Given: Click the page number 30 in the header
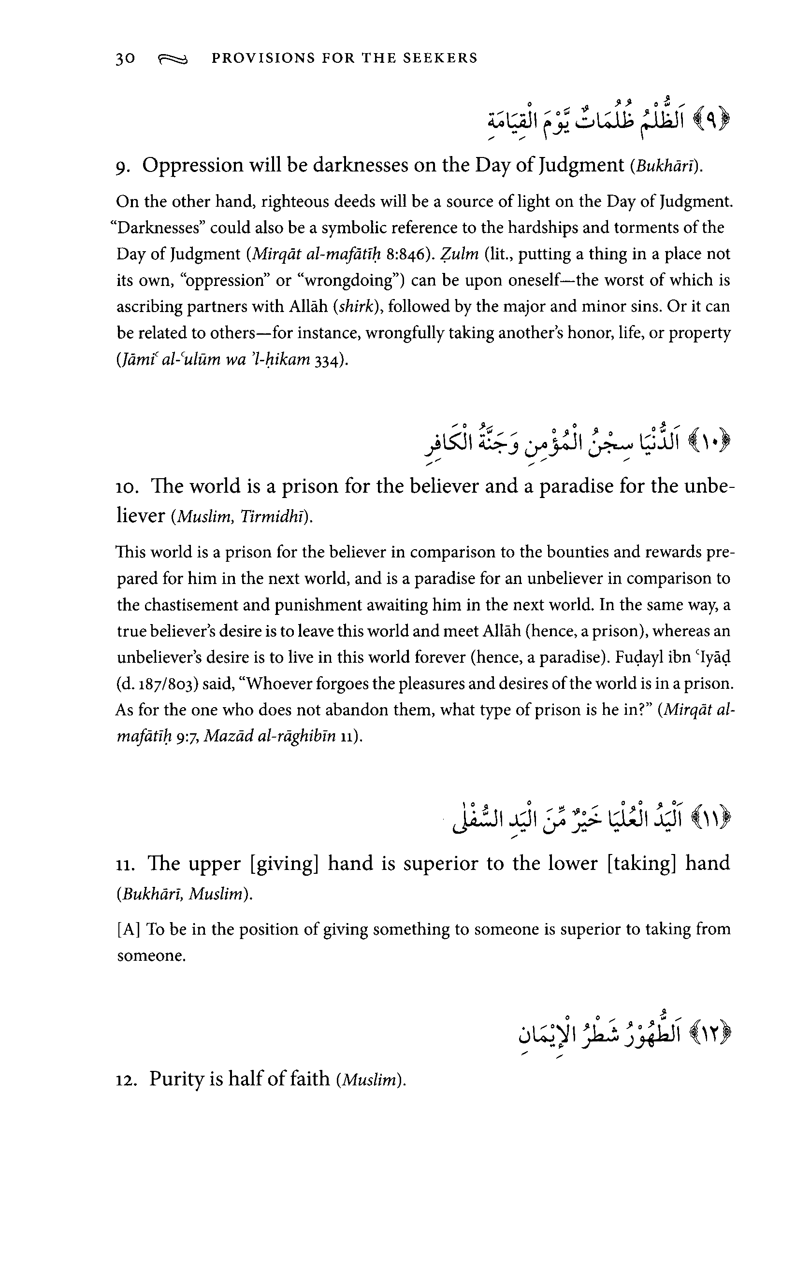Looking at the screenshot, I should [126, 58].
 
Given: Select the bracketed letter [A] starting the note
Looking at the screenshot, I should [129, 930].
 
